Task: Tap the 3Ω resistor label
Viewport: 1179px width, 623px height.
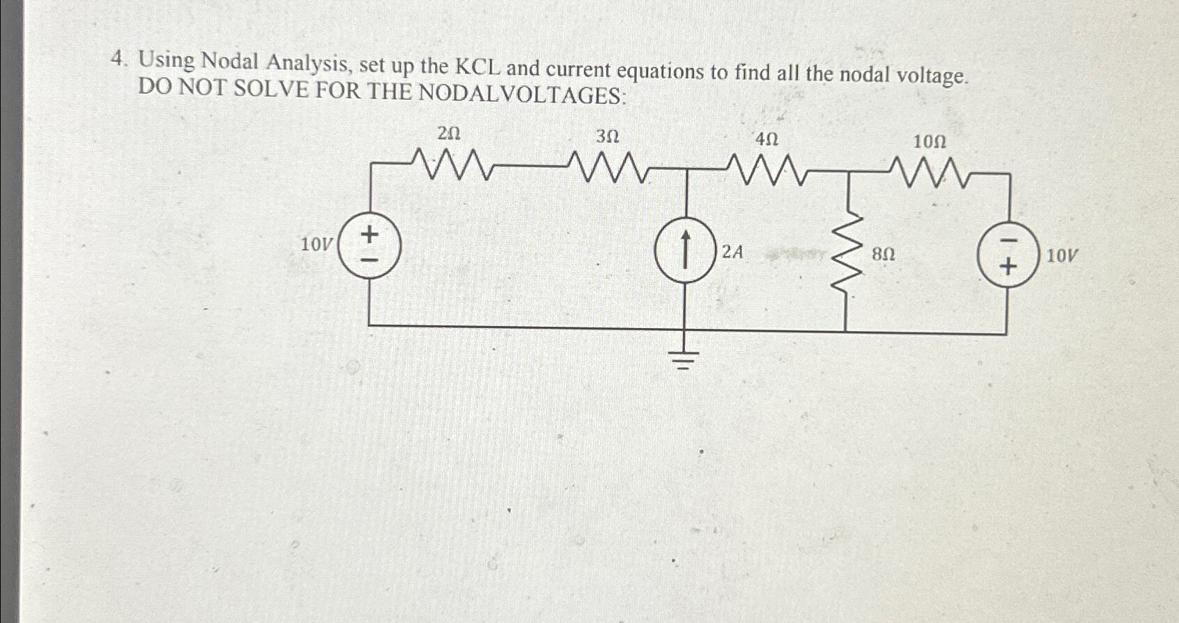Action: (x=607, y=137)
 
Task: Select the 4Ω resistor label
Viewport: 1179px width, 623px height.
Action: (x=767, y=139)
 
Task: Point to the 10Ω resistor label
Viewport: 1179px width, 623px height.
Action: (x=929, y=142)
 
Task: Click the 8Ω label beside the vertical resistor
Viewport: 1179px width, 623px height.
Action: (x=883, y=255)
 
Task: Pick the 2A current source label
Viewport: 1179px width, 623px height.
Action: (x=732, y=251)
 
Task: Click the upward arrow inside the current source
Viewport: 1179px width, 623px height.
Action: (x=685, y=250)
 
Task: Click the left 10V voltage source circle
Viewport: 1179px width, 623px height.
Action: (x=370, y=246)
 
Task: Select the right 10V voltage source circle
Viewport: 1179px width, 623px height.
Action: (x=1008, y=255)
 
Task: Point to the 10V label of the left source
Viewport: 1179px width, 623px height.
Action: (x=317, y=244)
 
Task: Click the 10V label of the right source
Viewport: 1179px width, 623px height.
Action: (x=1062, y=256)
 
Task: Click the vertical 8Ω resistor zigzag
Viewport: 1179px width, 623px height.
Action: (x=846, y=253)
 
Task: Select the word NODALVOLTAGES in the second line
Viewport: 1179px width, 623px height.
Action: (x=522, y=94)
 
